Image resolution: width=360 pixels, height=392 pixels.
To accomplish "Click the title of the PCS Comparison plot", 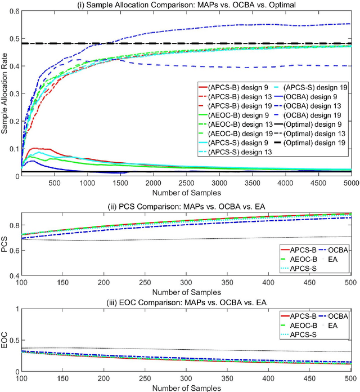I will click(x=186, y=206).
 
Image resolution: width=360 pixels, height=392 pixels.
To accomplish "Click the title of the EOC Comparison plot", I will click(x=186, y=302).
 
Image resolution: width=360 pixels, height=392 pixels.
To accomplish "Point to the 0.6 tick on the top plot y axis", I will click(x=12, y=11).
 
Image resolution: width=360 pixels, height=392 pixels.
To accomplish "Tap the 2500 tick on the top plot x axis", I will click(x=186, y=184).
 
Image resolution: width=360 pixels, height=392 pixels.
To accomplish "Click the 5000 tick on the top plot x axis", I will click(x=350, y=184).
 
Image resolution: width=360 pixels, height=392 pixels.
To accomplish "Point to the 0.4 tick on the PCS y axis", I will click(x=12, y=276).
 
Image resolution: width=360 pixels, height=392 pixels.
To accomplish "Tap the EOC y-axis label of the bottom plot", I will click(x=5, y=341).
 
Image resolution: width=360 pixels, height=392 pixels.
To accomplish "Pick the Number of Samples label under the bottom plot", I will click(x=186, y=387).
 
